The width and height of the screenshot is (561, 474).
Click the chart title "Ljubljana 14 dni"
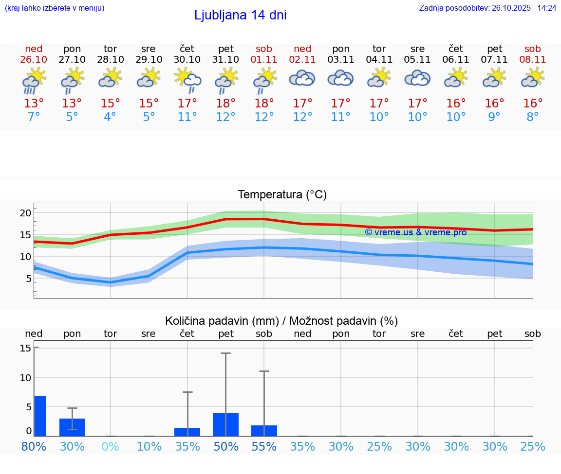click(240, 15)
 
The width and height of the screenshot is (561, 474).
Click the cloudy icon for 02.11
click(302, 78)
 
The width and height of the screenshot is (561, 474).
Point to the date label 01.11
click(264, 59)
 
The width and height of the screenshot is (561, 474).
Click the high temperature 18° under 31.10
click(225, 104)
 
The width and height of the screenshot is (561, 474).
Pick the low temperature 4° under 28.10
click(111, 117)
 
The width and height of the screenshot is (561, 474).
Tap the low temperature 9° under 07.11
click(494, 117)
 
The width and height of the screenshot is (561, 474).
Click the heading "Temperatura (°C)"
click(282, 195)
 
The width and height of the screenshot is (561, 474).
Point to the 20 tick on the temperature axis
click(25, 213)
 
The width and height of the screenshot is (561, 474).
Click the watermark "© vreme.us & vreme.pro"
click(415, 232)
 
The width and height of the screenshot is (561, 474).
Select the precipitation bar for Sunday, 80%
click(40, 416)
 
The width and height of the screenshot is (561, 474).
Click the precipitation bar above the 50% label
click(225, 424)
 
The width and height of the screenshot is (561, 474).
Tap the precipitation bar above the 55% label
click(264, 431)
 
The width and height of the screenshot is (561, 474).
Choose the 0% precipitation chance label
click(111, 447)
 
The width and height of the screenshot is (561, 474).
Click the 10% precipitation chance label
click(149, 447)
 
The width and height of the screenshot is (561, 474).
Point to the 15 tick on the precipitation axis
click(25, 348)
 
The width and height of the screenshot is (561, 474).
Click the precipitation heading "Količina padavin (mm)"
click(222, 321)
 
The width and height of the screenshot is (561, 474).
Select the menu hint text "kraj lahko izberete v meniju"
click(54, 8)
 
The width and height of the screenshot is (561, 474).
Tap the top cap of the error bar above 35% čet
click(187, 392)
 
